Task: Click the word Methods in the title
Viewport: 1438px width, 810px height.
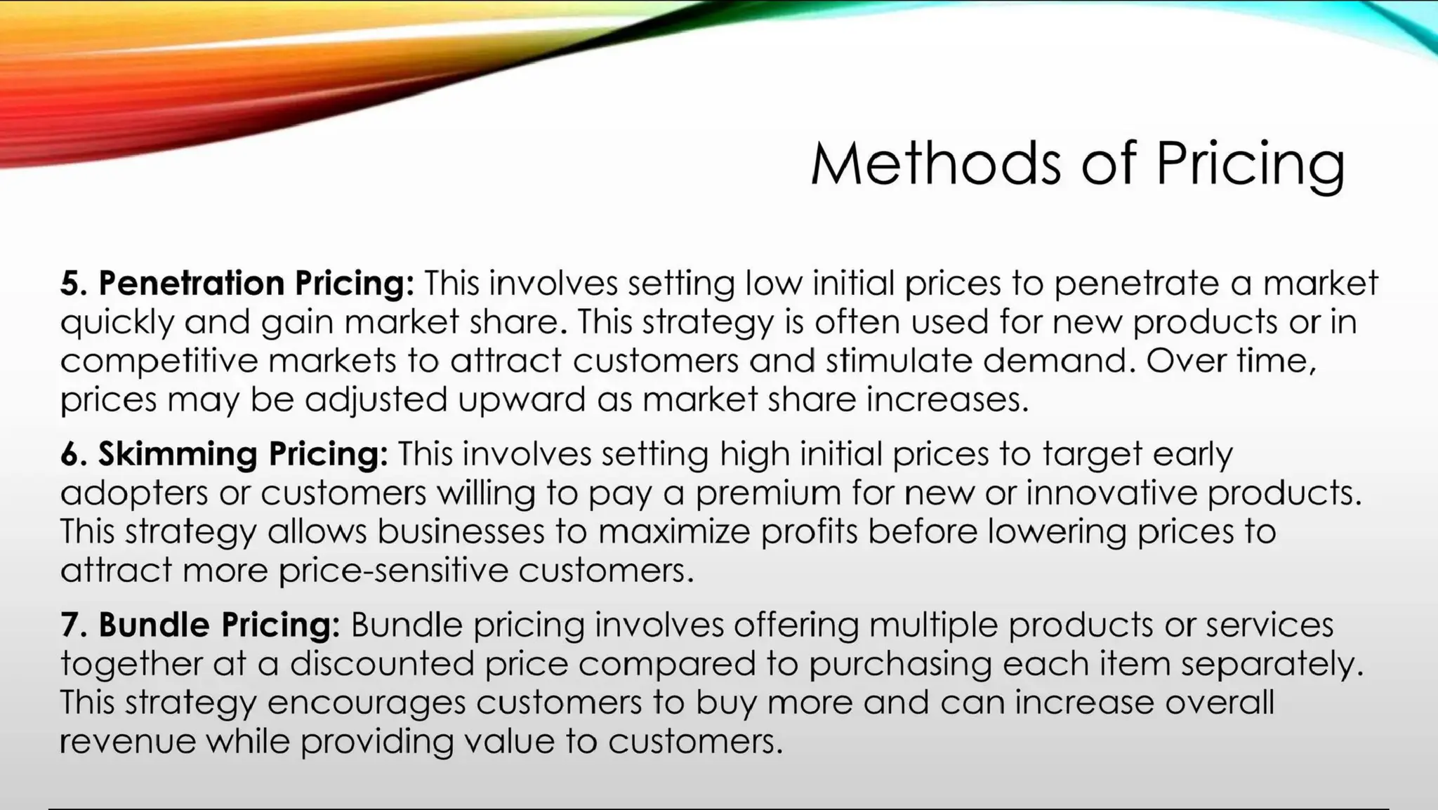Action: (935, 163)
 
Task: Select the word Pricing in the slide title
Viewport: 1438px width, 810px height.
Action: (1251, 164)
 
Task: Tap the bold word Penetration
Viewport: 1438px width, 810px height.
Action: (191, 283)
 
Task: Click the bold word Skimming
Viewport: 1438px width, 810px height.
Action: (177, 453)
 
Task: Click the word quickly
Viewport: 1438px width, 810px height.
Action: (116, 323)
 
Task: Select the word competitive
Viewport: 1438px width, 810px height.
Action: (158, 361)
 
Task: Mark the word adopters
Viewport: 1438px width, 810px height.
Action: (134, 493)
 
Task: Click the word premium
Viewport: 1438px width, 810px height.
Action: (768, 493)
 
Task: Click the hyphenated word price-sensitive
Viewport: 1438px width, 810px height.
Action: (393, 570)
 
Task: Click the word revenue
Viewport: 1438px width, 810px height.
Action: (128, 741)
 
